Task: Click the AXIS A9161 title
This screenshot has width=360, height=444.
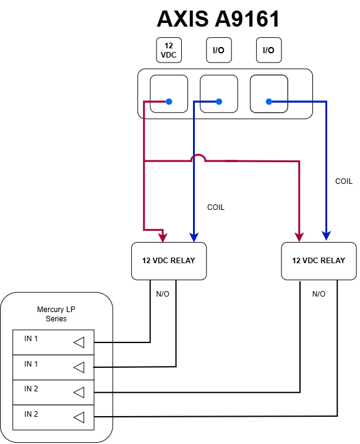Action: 218,19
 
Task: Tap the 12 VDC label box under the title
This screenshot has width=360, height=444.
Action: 169,50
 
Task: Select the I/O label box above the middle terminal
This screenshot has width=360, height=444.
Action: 218,50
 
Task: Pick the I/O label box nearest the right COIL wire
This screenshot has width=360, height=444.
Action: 268,50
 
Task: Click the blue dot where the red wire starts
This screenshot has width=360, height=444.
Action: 168,102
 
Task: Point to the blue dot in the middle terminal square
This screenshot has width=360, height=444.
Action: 218,102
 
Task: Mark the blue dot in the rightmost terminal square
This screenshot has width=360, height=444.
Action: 268,102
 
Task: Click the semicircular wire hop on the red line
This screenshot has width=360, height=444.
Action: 197,159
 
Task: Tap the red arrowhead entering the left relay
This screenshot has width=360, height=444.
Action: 163,237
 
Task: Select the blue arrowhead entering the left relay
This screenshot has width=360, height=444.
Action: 194,237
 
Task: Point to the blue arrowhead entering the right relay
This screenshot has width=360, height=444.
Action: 325,237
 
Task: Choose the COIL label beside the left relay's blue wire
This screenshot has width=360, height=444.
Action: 215,207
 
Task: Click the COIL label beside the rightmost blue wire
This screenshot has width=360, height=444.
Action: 343,181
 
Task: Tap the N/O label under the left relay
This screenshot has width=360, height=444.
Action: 163,294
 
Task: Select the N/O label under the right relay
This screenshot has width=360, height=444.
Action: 319,294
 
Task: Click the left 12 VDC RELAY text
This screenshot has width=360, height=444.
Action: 168,260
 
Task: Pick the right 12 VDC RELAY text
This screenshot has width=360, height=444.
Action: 319,260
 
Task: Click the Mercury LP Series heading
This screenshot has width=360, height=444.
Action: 56,314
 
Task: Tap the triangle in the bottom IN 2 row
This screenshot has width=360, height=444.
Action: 79,418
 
